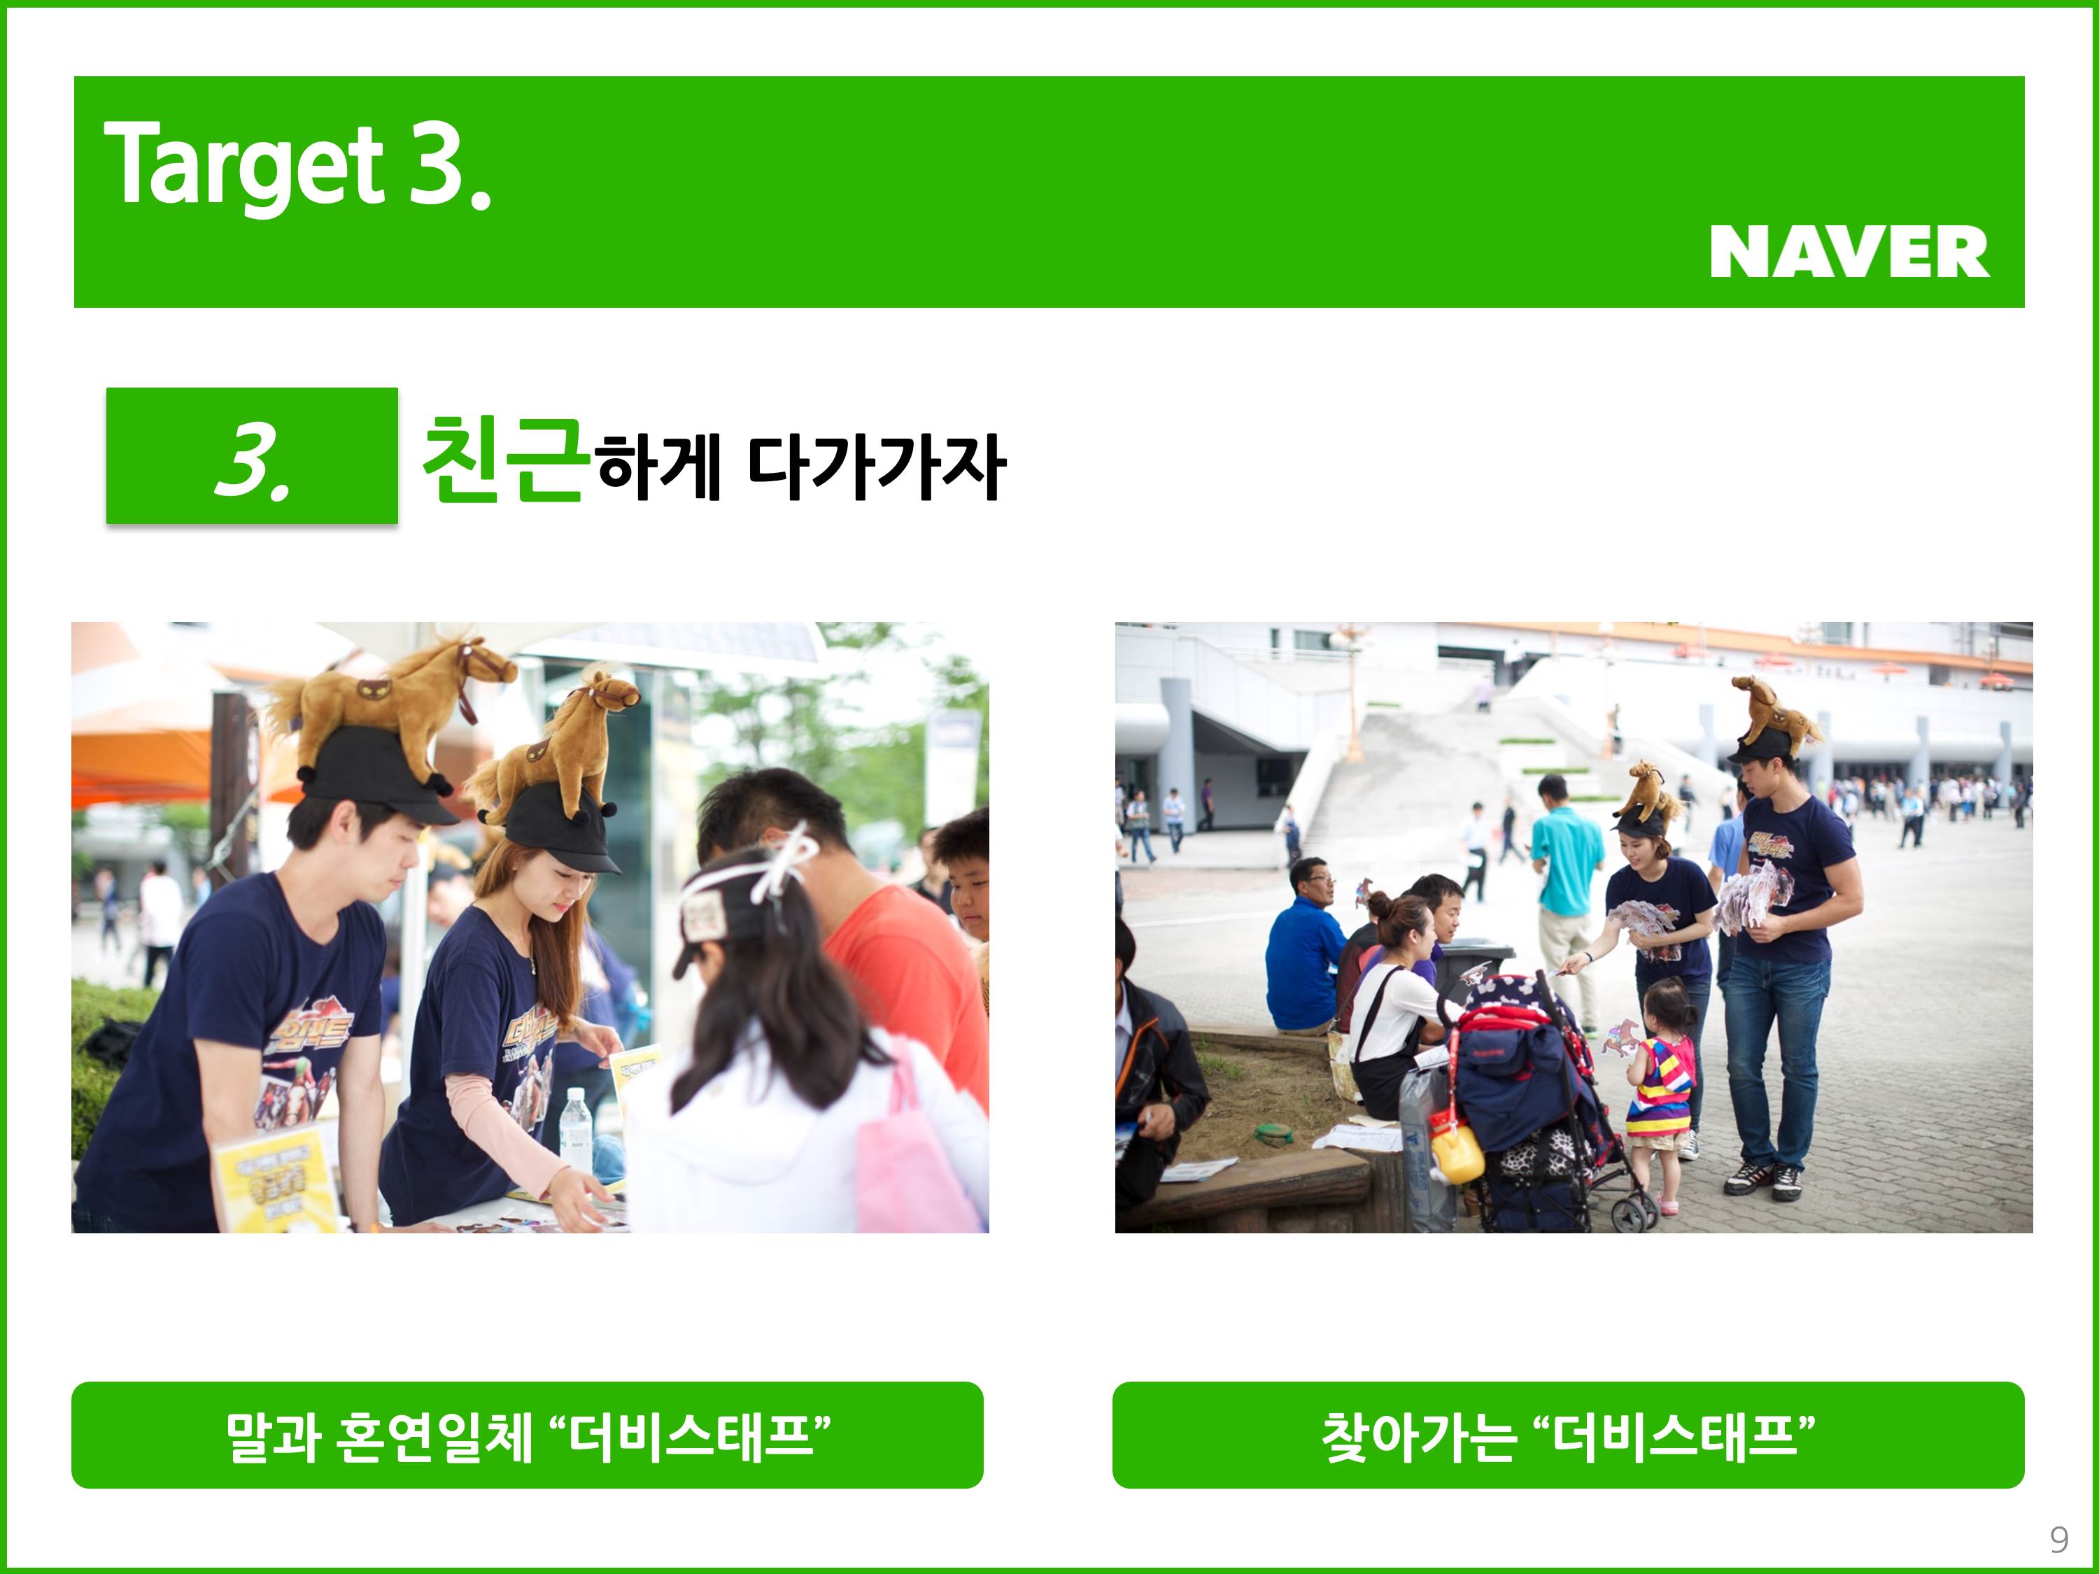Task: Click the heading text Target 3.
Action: tap(298, 166)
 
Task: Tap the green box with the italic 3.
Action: tap(251, 455)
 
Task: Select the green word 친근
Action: tap(502, 460)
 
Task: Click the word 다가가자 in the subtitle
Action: tap(876, 467)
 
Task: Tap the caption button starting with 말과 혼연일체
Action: tap(527, 1435)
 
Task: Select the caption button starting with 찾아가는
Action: tap(1568, 1435)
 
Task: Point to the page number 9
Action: tap(2058, 1539)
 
